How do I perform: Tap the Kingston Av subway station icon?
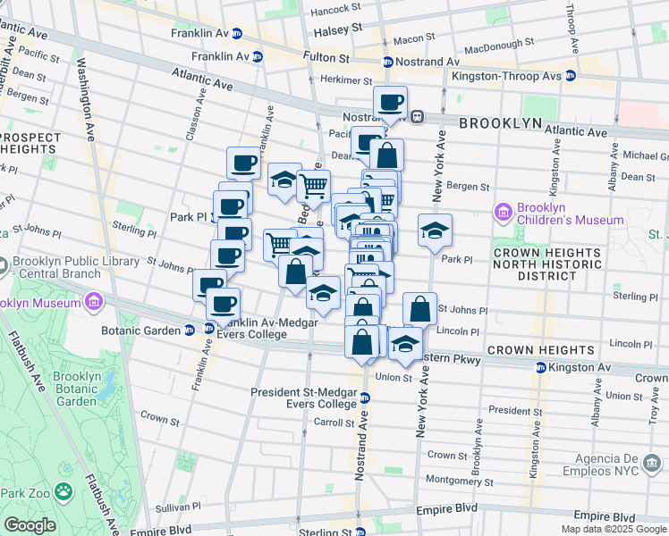click(541, 367)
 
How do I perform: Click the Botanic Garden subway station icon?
click(190, 329)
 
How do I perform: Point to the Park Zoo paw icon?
click(64, 491)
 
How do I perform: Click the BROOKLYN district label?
click(501, 123)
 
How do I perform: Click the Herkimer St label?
click(341, 80)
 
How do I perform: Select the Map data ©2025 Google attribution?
click(614, 528)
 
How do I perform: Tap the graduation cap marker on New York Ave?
click(435, 230)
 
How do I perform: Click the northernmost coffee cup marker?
click(390, 102)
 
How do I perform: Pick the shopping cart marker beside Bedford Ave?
click(313, 187)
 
